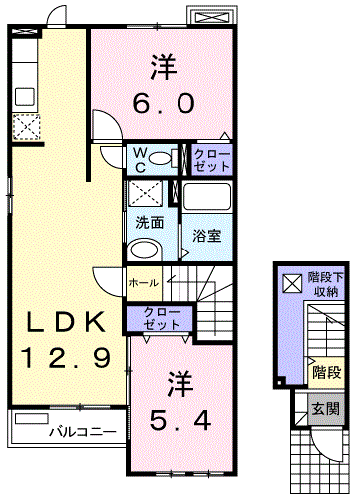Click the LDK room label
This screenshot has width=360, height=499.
coord(66,321)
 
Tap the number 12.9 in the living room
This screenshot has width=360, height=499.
coord(66,358)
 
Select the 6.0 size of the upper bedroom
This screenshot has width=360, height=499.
coord(163,103)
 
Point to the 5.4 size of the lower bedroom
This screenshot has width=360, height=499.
coord(180,421)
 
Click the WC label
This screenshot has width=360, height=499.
coord(141,161)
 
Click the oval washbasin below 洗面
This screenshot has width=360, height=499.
coord(144,249)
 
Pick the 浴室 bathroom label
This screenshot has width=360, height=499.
coord(207,236)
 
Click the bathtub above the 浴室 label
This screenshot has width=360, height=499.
coord(207,197)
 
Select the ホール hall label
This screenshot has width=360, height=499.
coord(144,283)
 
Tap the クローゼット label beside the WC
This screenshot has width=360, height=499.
coord(211,160)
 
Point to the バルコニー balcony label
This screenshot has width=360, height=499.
coord(83,432)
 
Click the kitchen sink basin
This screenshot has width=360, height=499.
coord(25,97)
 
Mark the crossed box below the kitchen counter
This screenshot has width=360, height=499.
coord(26,127)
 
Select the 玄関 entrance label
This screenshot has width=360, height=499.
coord(325,409)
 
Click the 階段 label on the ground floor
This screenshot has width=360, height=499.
coord(327,373)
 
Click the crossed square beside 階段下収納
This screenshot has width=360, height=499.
coord(292,283)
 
